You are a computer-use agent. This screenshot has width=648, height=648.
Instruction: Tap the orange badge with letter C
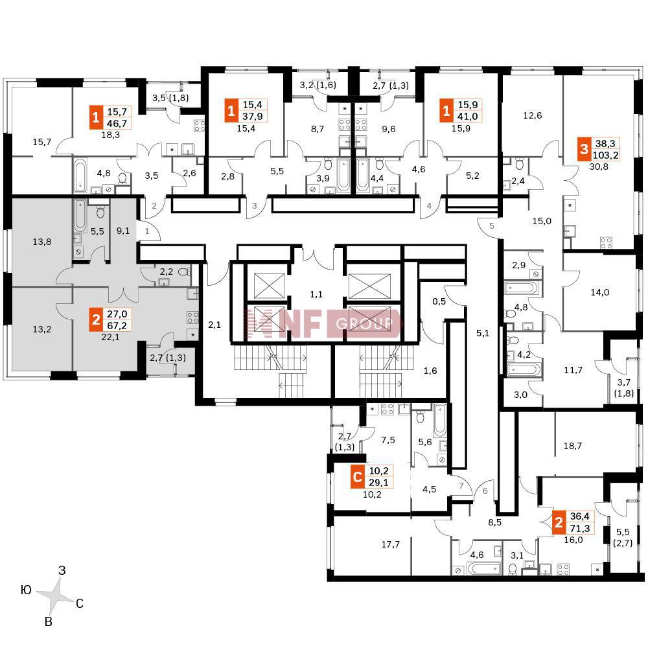356,478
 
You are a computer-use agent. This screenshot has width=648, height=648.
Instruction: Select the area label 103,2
608,156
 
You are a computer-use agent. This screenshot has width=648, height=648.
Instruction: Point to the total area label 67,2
118,323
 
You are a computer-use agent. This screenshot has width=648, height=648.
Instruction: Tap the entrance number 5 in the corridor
492,226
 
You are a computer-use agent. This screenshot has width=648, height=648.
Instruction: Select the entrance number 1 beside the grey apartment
148,230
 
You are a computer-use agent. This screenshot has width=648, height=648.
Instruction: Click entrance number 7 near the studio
461,485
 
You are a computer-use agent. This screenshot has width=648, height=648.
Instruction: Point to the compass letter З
62,571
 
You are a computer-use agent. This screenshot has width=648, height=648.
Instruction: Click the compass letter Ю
26,589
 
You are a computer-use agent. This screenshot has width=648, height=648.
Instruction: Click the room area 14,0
599,292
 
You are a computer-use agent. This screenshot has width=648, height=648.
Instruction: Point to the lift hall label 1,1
316,294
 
